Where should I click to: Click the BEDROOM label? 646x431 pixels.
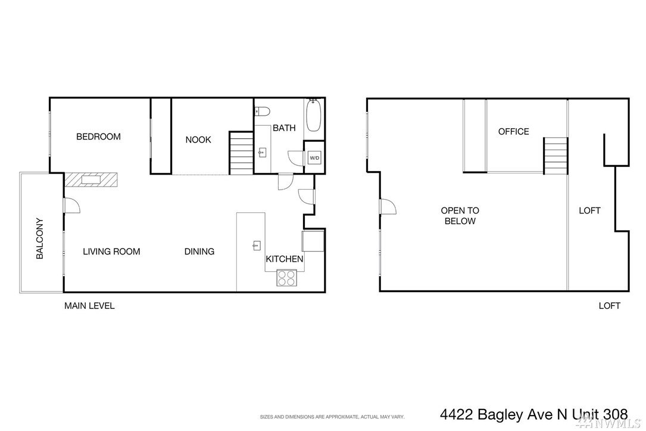(x=98, y=137)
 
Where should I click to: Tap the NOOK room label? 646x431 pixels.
(x=198, y=140)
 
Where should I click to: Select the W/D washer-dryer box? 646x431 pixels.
(x=314, y=157)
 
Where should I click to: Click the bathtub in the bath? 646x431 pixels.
(x=313, y=115)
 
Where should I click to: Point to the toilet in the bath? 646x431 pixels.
(x=262, y=111)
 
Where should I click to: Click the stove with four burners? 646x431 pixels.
(x=287, y=278)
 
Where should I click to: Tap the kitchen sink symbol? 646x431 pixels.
(x=256, y=246)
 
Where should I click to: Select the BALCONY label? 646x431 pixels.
(x=39, y=238)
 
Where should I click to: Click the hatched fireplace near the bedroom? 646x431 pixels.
(x=91, y=179)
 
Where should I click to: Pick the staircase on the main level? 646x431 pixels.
(x=241, y=153)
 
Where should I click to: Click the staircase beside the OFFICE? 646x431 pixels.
(x=556, y=156)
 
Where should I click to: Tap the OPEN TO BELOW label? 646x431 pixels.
(x=460, y=216)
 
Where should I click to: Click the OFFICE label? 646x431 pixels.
(x=513, y=132)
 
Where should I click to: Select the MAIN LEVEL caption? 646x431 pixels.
(x=89, y=306)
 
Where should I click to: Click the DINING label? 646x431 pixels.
(x=199, y=252)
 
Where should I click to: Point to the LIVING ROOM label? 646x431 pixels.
(x=111, y=252)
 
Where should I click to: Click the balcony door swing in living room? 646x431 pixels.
(x=71, y=206)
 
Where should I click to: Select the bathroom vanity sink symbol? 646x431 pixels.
(x=262, y=153)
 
